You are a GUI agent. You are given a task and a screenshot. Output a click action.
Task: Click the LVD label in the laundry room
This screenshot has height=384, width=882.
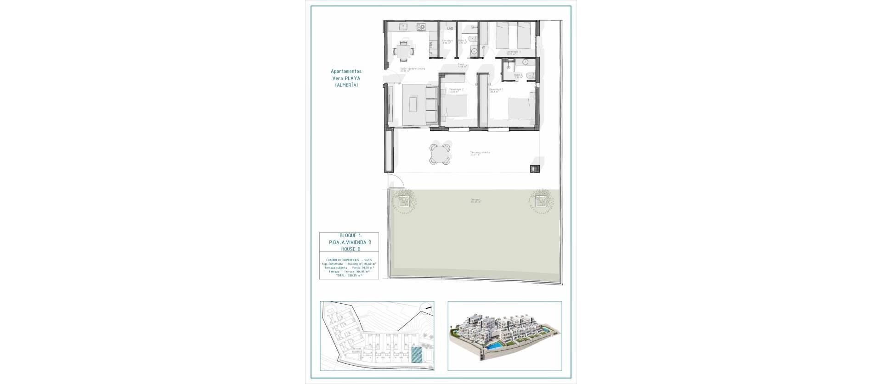(450, 29)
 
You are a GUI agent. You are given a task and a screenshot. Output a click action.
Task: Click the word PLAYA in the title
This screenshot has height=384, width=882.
(353, 78)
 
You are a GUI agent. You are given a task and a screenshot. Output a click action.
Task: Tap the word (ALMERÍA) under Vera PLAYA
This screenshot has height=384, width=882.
(346, 85)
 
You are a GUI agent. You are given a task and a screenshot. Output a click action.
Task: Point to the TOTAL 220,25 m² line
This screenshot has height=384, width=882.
(349, 276)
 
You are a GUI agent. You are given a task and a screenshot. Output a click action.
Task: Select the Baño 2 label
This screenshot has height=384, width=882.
(518, 76)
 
